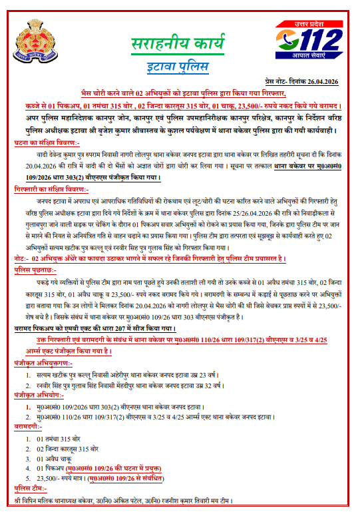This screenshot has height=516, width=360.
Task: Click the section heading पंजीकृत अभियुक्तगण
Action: [44, 364]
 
